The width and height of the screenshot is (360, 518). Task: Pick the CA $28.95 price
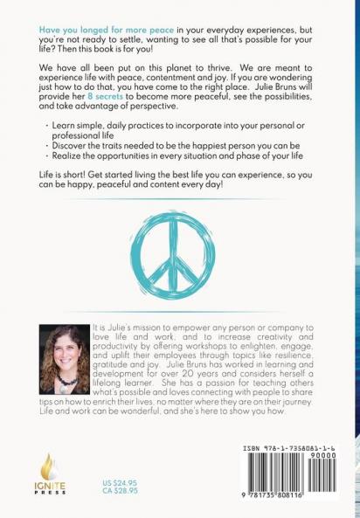[120, 492]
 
